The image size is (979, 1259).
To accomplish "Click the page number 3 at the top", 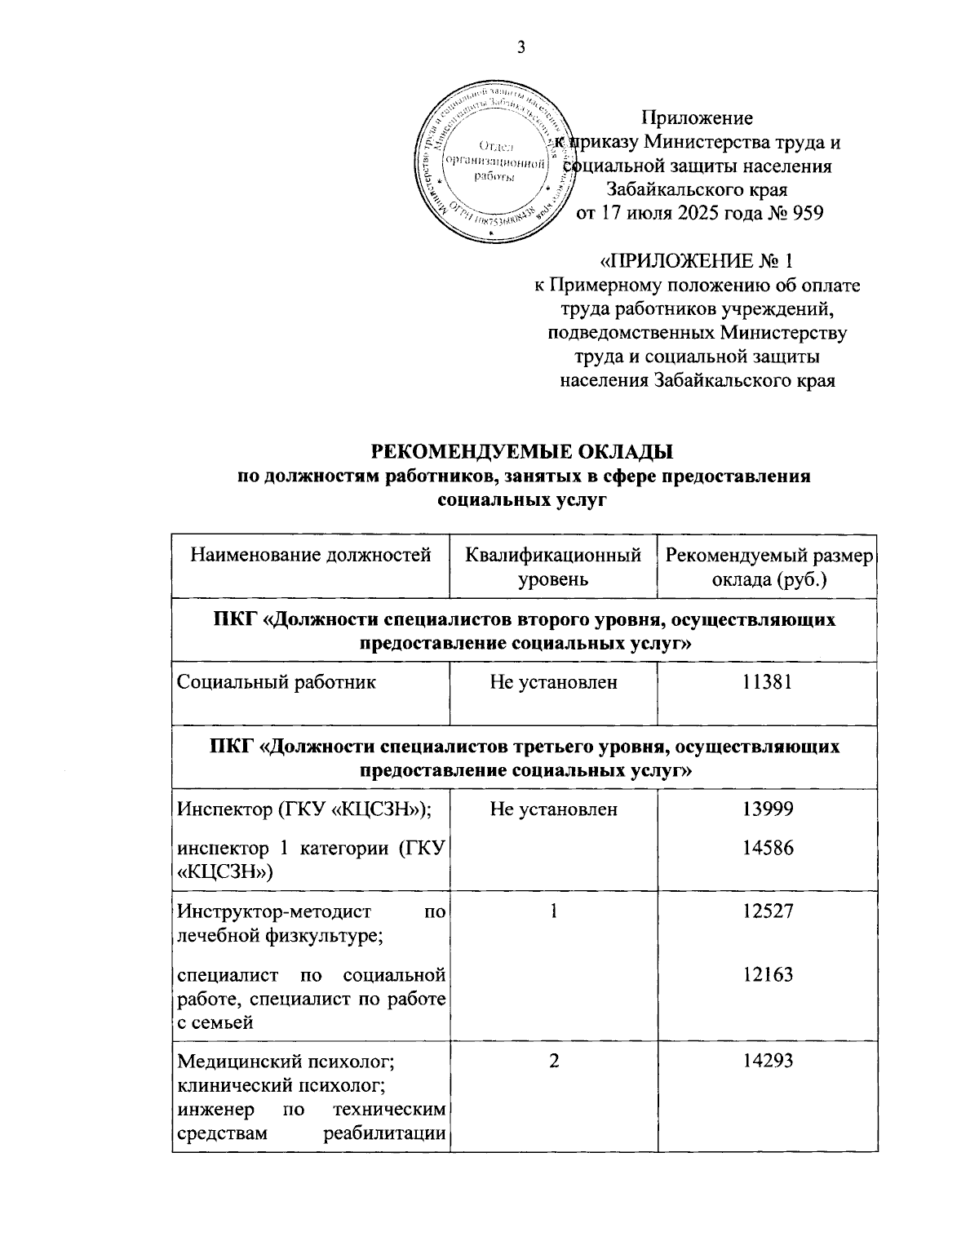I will (521, 48).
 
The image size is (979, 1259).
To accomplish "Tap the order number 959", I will (803, 214).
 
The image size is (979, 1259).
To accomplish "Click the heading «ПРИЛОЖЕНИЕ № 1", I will (696, 262).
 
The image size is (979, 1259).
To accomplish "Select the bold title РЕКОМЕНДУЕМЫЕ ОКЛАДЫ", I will (523, 452).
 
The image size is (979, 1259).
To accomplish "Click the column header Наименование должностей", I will (311, 556).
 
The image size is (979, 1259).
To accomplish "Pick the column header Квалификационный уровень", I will (553, 568).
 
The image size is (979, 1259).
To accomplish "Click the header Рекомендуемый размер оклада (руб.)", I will (769, 568).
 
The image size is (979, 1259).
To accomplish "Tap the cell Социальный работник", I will (277, 682).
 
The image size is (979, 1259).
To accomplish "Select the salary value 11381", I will (768, 682).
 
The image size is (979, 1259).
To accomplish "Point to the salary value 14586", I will (768, 848).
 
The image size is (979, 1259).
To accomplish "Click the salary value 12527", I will (768, 911).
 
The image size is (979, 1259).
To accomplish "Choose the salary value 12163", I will (768, 974).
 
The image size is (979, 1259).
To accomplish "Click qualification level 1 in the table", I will (554, 911).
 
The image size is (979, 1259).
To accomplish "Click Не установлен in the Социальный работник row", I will (553, 682).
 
